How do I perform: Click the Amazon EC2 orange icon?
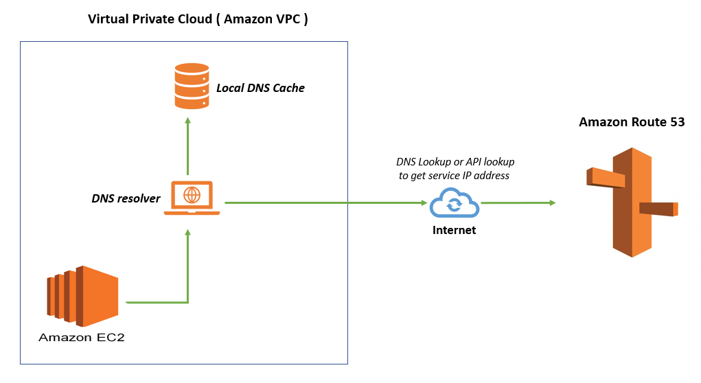(x=83, y=296)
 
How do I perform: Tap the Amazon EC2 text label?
(x=82, y=337)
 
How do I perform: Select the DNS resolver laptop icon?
(x=192, y=198)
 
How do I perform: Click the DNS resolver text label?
(x=126, y=199)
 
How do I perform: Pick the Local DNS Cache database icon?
(x=192, y=86)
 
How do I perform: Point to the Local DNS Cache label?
(x=260, y=88)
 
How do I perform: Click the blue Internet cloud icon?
(x=454, y=205)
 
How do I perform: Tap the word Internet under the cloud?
(x=454, y=230)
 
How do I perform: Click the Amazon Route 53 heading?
(x=632, y=122)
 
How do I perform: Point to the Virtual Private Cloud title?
(x=198, y=19)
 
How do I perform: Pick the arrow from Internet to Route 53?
(x=518, y=202)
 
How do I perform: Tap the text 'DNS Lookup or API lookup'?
(x=455, y=162)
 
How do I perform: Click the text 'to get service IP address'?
(x=455, y=176)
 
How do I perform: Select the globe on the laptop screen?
(x=192, y=195)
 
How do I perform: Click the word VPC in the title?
(x=288, y=19)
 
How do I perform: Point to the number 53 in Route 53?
(x=675, y=122)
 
